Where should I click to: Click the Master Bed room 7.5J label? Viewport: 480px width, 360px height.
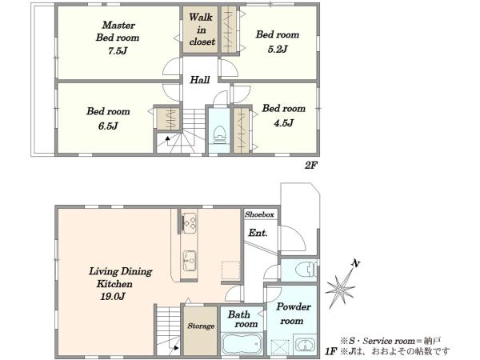pyautogui.click(x=118, y=38)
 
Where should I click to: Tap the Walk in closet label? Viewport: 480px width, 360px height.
pyautogui.click(x=202, y=30)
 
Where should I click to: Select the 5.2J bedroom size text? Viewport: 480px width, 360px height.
pyautogui.click(x=278, y=49)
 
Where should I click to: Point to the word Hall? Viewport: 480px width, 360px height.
pyautogui.click(x=199, y=80)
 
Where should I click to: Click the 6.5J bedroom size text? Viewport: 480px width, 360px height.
pyautogui.click(x=108, y=126)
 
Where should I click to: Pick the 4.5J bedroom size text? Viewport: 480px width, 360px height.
pyautogui.click(x=283, y=123)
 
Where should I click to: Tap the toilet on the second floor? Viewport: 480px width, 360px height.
pyautogui.click(x=219, y=134)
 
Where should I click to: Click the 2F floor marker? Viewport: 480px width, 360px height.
pyautogui.click(x=310, y=166)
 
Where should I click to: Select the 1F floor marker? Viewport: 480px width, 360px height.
pyautogui.click(x=330, y=351)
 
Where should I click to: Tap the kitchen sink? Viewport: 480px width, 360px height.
pyautogui.click(x=190, y=261)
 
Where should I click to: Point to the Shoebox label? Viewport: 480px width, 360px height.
pyautogui.click(x=259, y=214)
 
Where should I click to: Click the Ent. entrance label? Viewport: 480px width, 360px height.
pyautogui.click(x=258, y=233)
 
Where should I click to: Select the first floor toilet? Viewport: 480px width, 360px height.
pyautogui.click(x=306, y=270)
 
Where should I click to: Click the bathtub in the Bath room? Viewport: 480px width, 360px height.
pyautogui.click(x=242, y=343)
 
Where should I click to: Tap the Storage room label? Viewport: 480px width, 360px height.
pyautogui.click(x=201, y=326)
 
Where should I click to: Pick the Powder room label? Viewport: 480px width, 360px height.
pyautogui.click(x=294, y=314)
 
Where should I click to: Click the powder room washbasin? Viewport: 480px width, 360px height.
pyautogui.click(x=304, y=344)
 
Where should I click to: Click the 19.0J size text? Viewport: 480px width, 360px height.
pyautogui.click(x=113, y=296)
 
